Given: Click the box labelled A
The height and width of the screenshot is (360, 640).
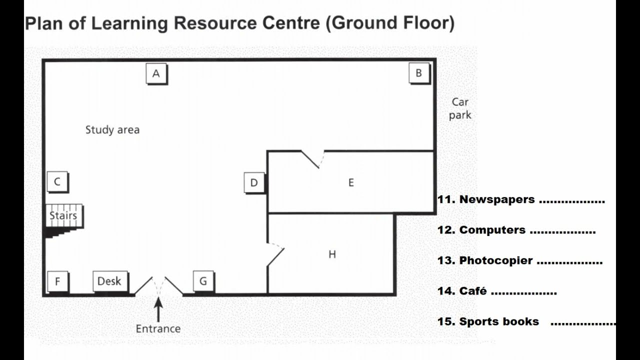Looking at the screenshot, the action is [x=156, y=73].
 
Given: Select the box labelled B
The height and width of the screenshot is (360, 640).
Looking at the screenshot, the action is [x=419, y=73].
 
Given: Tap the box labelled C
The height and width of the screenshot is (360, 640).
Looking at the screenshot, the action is [x=57, y=182].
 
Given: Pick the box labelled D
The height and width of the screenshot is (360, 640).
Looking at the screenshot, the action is [x=254, y=183].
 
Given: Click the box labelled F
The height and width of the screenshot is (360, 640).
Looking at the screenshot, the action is [x=58, y=281].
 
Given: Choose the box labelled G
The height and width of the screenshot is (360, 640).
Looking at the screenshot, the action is [x=203, y=281].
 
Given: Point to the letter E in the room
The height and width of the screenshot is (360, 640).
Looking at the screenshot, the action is [x=351, y=182].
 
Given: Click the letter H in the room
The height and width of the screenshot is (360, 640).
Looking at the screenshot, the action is [x=332, y=254].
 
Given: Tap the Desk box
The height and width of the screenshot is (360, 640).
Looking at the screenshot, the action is [x=110, y=281].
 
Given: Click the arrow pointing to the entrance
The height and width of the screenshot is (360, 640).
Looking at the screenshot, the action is [x=158, y=309].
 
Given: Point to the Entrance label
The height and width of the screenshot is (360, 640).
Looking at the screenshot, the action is [x=158, y=329].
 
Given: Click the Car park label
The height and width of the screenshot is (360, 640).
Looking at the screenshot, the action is [x=460, y=109].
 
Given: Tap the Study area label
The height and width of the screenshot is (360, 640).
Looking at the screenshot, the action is [x=112, y=130].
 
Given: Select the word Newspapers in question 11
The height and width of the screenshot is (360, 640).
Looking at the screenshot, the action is [x=497, y=199].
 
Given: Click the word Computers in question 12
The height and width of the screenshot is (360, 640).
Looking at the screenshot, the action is [x=492, y=230].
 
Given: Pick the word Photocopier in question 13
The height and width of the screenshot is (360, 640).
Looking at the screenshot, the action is [x=496, y=260].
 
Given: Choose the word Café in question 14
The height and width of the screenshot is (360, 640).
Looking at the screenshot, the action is [x=473, y=291].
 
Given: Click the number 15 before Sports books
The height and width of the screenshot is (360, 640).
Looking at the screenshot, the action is [x=446, y=321].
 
